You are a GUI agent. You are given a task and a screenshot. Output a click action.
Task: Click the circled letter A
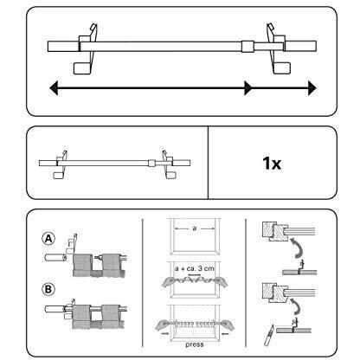[x=48, y=239]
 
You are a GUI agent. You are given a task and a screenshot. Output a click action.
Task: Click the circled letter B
[x=48, y=289]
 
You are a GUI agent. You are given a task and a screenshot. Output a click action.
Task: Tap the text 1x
[x=272, y=164]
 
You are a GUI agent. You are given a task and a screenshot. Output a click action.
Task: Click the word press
[x=195, y=344]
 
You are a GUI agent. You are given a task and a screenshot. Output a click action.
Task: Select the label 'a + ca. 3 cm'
[x=195, y=268]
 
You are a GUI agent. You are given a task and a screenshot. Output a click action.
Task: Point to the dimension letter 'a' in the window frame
[x=195, y=228]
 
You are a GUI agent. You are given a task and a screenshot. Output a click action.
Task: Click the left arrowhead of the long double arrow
[x=54, y=87]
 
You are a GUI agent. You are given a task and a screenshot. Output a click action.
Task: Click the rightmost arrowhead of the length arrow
[x=312, y=87]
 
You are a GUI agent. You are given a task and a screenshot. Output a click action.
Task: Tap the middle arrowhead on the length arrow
[x=247, y=87]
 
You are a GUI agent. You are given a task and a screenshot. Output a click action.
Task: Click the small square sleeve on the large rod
[x=247, y=47]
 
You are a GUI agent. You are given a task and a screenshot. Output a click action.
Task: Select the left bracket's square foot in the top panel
[x=82, y=68]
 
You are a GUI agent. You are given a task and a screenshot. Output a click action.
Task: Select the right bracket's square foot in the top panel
[x=281, y=67]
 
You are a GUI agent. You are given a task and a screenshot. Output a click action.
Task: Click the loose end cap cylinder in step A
[x=55, y=257]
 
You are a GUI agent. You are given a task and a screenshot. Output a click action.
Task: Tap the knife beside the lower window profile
[x=268, y=335]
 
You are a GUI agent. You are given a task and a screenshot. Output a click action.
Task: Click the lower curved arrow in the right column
[x=297, y=307]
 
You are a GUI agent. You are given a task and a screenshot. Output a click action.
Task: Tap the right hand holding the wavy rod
[x=220, y=281]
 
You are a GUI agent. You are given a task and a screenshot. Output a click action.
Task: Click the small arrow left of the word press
[x=165, y=333]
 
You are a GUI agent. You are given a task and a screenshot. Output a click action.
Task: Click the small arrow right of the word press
[x=225, y=334]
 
